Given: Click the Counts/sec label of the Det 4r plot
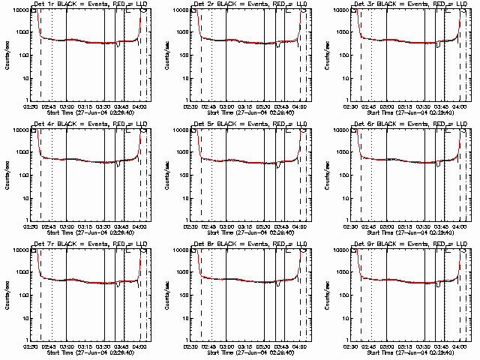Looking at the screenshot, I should (6, 174).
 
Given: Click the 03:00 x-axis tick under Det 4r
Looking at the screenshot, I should (67, 226).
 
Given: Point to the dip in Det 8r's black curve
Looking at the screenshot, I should (279, 284).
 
